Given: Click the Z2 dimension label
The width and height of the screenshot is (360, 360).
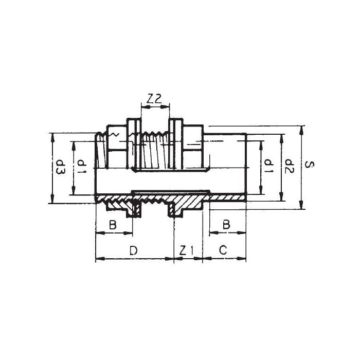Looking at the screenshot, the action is click(x=154, y=99).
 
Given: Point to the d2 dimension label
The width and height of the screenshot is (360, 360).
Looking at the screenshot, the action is click(x=289, y=166).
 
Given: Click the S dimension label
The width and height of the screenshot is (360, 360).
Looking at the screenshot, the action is click(x=309, y=165).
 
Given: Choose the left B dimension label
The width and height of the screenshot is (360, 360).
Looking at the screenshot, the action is click(x=113, y=225).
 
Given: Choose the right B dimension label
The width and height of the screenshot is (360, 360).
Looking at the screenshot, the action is click(x=226, y=225).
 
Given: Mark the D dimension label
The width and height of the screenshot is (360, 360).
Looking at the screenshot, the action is click(x=133, y=250).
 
